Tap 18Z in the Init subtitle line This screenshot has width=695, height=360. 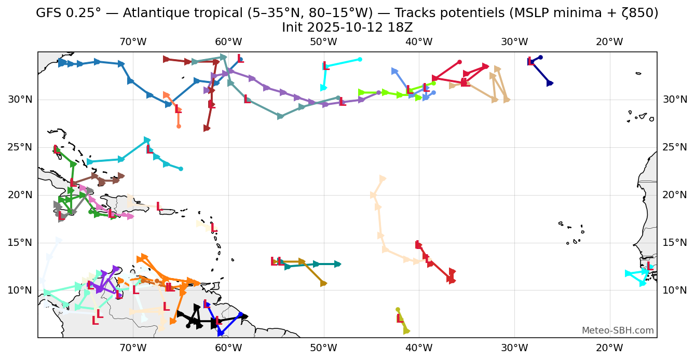[x=399, y=27]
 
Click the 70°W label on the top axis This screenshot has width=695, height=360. [x=133, y=42]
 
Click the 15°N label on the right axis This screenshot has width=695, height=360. [x=674, y=243]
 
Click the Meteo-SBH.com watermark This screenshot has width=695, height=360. [x=618, y=330]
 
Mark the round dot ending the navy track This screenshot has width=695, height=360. [x=540, y=57]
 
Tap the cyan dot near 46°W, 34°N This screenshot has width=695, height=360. [x=360, y=59]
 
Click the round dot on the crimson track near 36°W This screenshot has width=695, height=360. [x=459, y=62]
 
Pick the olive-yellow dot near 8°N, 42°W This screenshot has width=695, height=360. [x=398, y=310]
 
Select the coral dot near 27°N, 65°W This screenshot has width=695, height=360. [x=179, y=126]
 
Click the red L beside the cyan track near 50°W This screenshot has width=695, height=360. [x=325, y=66]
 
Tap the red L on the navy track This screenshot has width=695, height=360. [x=530, y=62]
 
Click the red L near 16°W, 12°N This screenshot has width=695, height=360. [x=649, y=266]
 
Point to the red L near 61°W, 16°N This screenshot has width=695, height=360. [x=213, y=228]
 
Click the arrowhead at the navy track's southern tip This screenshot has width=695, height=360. [x=550, y=83]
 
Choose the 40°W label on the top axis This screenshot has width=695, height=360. [x=419, y=42]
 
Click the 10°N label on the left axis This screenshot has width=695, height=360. [x=20, y=290]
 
